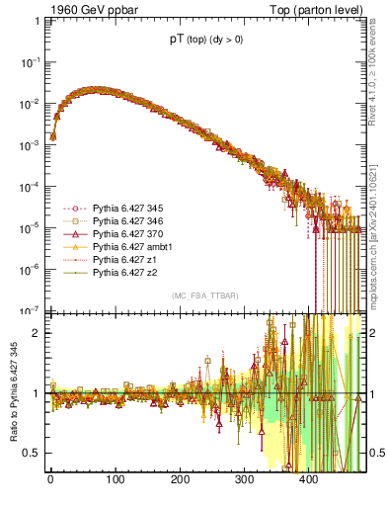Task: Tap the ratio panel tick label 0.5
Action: pos(34,454)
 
